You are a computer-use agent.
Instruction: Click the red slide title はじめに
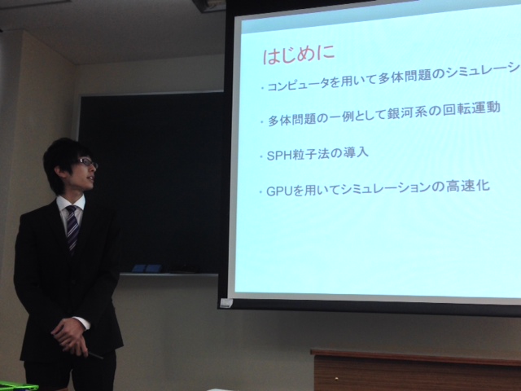pyautogui.click(x=299, y=55)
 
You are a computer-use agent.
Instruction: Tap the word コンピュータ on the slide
pyautogui.click(x=298, y=84)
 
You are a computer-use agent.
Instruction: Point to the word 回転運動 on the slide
pyautogui.click(x=471, y=108)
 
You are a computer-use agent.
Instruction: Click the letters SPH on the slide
pyautogui.click(x=279, y=156)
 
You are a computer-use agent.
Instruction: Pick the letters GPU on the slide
pyautogui.click(x=280, y=191)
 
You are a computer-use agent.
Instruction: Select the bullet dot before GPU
pyautogui.click(x=261, y=192)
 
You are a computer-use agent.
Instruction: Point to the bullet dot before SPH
pyautogui.click(x=261, y=156)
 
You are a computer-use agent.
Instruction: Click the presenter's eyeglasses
pyautogui.click(x=88, y=162)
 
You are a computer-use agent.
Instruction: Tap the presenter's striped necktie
pyautogui.click(x=72, y=227)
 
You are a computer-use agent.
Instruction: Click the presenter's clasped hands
pyautogui.click(x=71, y=336)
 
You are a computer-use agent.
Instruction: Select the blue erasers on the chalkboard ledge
pyautogui.click(x=147, y=268)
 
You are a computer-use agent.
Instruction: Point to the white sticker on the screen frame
pyautogui.click(x=226, y=303)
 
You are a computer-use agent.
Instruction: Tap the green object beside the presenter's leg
pyautogui.click(x=18, y=386)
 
